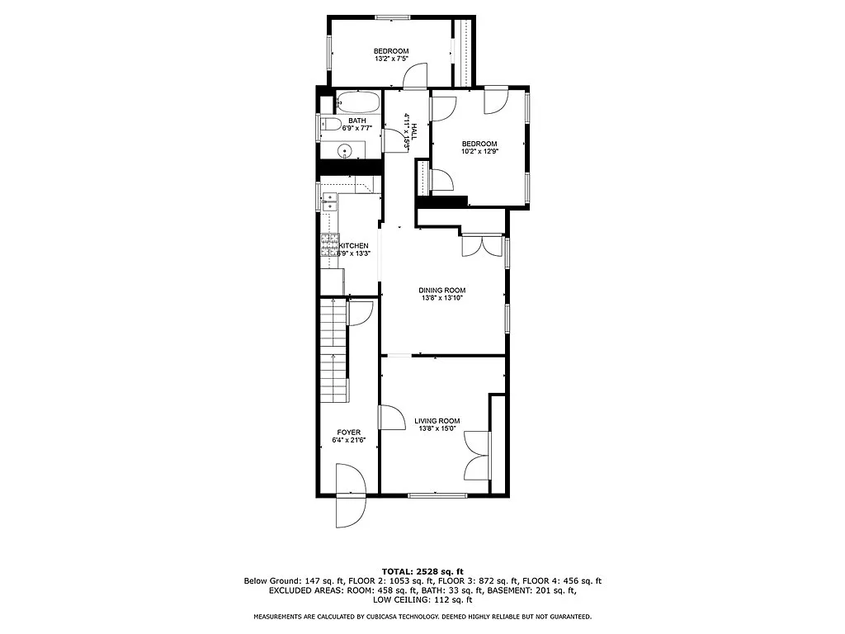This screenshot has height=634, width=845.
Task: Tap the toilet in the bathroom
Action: click(x=330, y=125)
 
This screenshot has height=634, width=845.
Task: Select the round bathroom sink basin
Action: click(x=345, y=151)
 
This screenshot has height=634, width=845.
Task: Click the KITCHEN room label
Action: click(x=354, y=246)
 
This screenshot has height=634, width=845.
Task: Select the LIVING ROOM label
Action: click(x=437, y=421)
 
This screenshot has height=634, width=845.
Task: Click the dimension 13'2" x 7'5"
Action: click(x=390, y=59)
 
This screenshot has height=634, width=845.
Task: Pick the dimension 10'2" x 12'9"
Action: click(x=479, y=152)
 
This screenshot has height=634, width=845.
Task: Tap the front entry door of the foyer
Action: click(x=349, y=495)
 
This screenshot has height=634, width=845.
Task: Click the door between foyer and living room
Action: click(x=386, y=418)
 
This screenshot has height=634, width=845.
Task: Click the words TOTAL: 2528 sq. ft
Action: click(x=422, y=571)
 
